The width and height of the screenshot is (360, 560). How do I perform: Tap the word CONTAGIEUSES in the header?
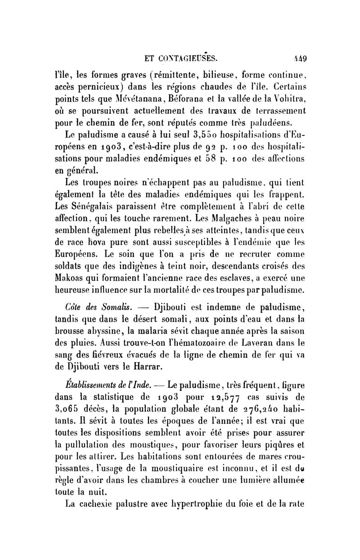click(186, 58)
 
